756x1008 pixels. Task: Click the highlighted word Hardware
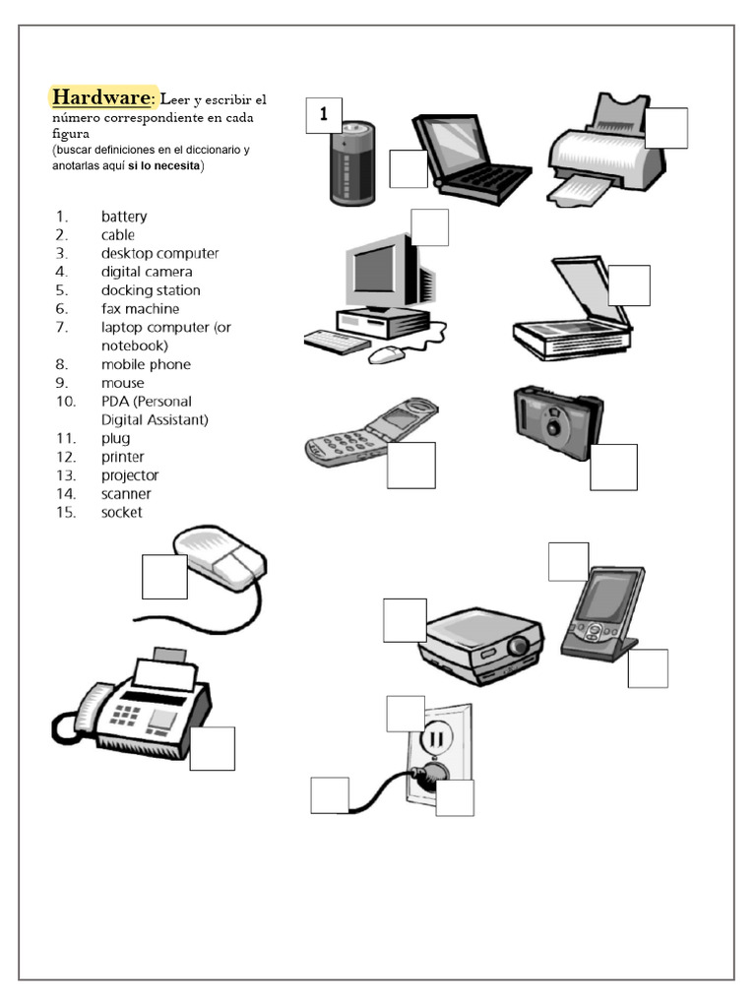tap(101, 97)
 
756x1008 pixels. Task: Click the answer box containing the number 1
tap(323, 116)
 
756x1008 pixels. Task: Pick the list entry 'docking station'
tap(150, 290)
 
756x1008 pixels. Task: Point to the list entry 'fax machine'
tap(140, 309)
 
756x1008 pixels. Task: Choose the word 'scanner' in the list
tap(126, 494)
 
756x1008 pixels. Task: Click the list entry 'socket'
tap(121, 513)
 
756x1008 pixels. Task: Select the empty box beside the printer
tap(666, 128)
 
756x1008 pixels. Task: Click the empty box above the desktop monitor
tap(430, 227)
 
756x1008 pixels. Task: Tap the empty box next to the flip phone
tap(410, 466)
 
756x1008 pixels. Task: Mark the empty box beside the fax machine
tap(212, 748)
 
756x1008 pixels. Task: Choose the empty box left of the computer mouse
tap(164, 577)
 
